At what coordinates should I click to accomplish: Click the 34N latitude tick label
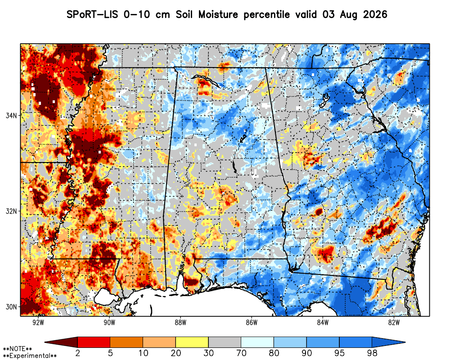11,116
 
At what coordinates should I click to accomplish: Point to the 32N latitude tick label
11,211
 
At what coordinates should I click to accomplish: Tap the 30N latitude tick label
11,307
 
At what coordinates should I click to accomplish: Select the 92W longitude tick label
38,323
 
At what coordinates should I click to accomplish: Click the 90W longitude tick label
109,323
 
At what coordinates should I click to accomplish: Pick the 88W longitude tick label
180,323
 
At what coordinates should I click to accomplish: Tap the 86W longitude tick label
252,323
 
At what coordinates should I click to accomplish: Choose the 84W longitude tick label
323,323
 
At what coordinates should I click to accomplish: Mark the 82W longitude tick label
394,323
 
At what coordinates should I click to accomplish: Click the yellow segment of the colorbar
192,342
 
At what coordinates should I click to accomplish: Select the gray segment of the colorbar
225,342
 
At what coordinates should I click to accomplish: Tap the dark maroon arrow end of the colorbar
61,342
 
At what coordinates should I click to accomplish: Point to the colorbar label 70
241,353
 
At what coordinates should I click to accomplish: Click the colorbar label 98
372,353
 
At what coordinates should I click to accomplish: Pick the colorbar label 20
175,353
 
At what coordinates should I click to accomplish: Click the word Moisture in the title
218,14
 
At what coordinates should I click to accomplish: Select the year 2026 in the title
375,14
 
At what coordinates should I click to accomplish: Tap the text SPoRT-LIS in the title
92,14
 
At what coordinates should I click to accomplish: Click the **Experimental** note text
30,355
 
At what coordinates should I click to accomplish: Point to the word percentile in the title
266,15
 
